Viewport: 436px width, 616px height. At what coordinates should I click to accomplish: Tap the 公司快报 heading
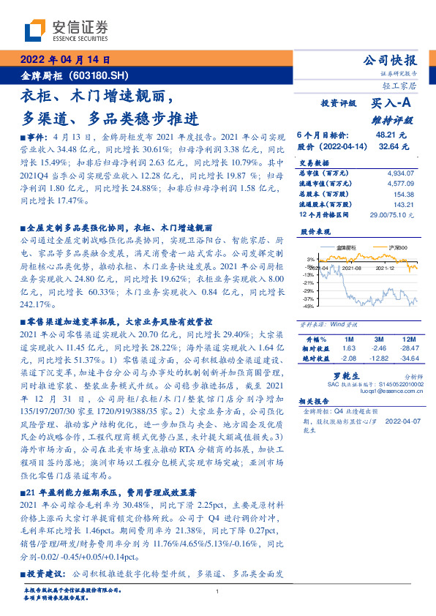click(x=391, y=60)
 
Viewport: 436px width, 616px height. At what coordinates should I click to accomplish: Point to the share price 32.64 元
click(x=391, y=146)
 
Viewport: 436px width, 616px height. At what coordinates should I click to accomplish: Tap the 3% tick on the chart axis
click(x=310, y=260)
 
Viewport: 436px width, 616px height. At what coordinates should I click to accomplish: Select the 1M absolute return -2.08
click(x=348, y=358)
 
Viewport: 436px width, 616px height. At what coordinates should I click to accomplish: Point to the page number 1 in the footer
click(x=217, y=592)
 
